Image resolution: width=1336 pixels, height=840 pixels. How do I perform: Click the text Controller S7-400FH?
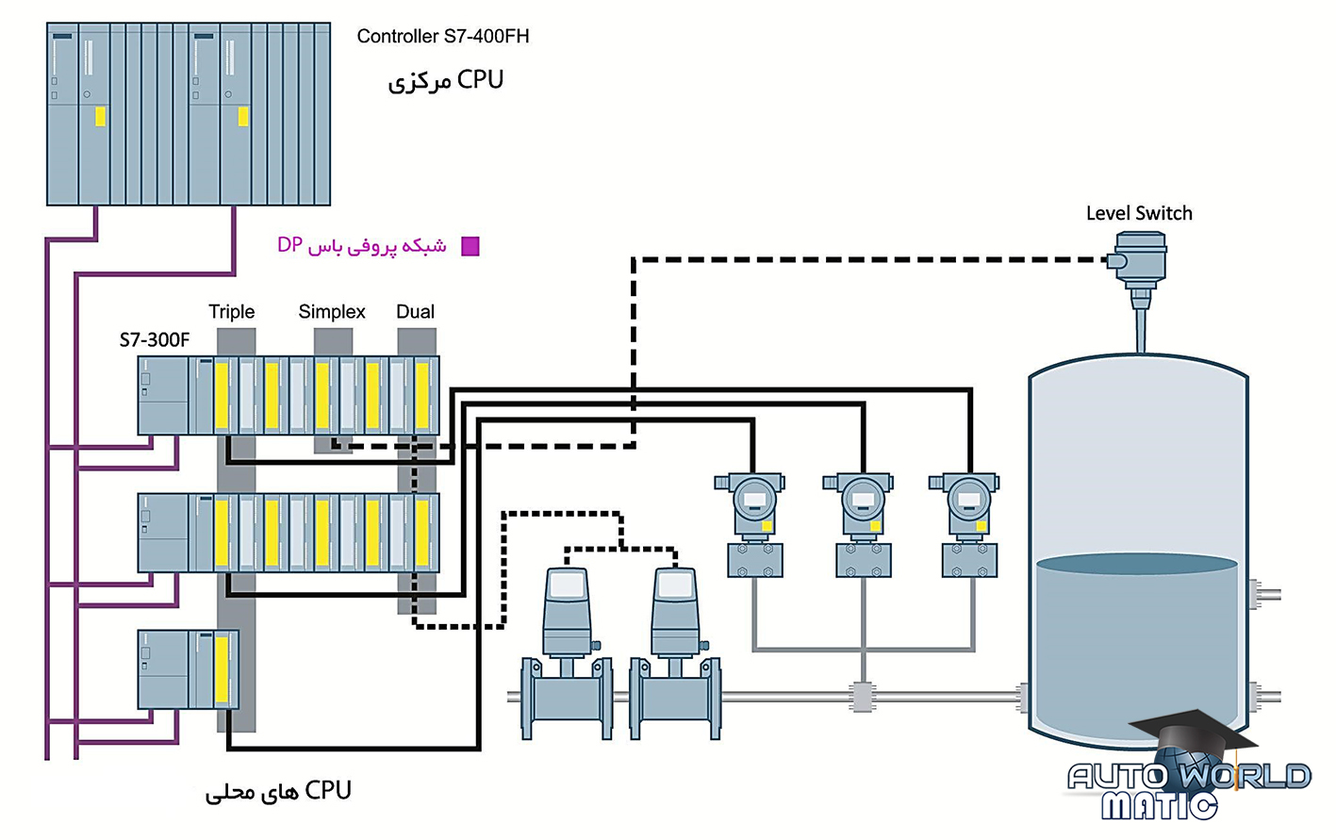click(x=442, y=37)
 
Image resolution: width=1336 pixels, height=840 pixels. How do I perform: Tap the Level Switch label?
click(x=1138, y=214)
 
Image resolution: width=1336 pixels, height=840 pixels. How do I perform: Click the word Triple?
click(x=231, y=312)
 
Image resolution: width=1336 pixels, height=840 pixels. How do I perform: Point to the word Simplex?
click(x=331, y=312)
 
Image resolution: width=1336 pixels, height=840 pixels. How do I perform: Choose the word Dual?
click(x=415, y=312)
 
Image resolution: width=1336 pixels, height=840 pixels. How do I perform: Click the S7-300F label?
click(x=154, y=340)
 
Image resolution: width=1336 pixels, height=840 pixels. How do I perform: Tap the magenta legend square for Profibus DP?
click(x=470, y=247)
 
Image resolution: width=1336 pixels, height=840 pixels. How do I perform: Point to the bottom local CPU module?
click(x=188, y=670)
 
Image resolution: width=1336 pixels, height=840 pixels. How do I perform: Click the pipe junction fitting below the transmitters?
click(x=862, y=698)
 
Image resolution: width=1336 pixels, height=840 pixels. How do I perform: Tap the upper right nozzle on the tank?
click(x=1263, y=594)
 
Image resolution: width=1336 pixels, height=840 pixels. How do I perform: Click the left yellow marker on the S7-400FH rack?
click(x=100, y=116)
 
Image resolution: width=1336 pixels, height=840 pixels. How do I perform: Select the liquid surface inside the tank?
click(x=1136, y=564)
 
